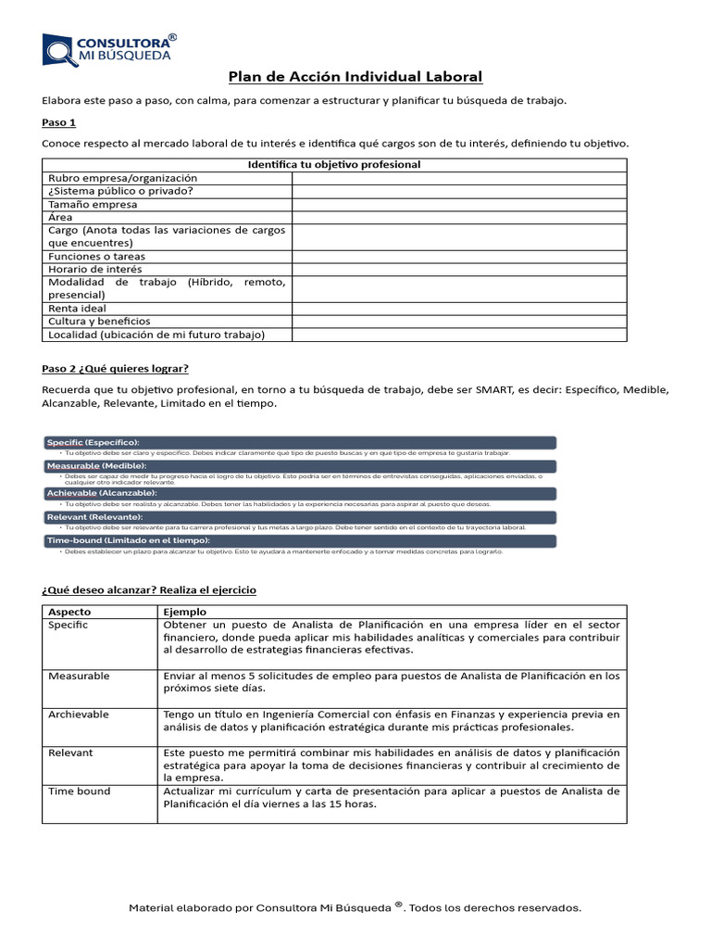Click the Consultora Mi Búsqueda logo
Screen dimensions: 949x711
click(x=109, y=49)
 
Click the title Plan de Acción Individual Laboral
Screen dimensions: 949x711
click(x=355, y=77)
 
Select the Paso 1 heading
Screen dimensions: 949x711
click(x=59, y=122)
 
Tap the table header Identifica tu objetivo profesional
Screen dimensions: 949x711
click(x=334, y=164)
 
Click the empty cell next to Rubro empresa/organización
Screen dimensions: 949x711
click(x=459, y=178)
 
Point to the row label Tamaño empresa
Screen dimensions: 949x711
click(x=93, y=204)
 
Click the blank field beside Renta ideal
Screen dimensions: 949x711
click(x=459, y=308)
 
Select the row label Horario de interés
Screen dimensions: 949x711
click(x=95, y=269)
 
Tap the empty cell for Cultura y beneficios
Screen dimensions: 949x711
click(x=459, y=321)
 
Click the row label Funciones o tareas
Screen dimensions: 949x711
click(x=96, y=256)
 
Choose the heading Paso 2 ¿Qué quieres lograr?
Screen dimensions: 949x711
click(x=116, y=368)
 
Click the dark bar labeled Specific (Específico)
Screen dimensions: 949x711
click(x=300, y=442)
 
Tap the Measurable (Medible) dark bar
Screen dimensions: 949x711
click(x=300, y=465)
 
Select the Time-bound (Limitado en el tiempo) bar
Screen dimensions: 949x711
click(x=300, y=540)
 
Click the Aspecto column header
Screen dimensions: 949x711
click(x=69, y=612)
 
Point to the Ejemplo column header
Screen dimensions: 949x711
click(x=185, y=612)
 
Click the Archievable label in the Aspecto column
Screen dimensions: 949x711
click(x=79, y=715)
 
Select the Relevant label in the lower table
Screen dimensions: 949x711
click(x=70, y=753)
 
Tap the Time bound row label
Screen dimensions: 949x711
click(x=79, y=791)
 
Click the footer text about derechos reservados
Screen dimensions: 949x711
click(x=355, y=908)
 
